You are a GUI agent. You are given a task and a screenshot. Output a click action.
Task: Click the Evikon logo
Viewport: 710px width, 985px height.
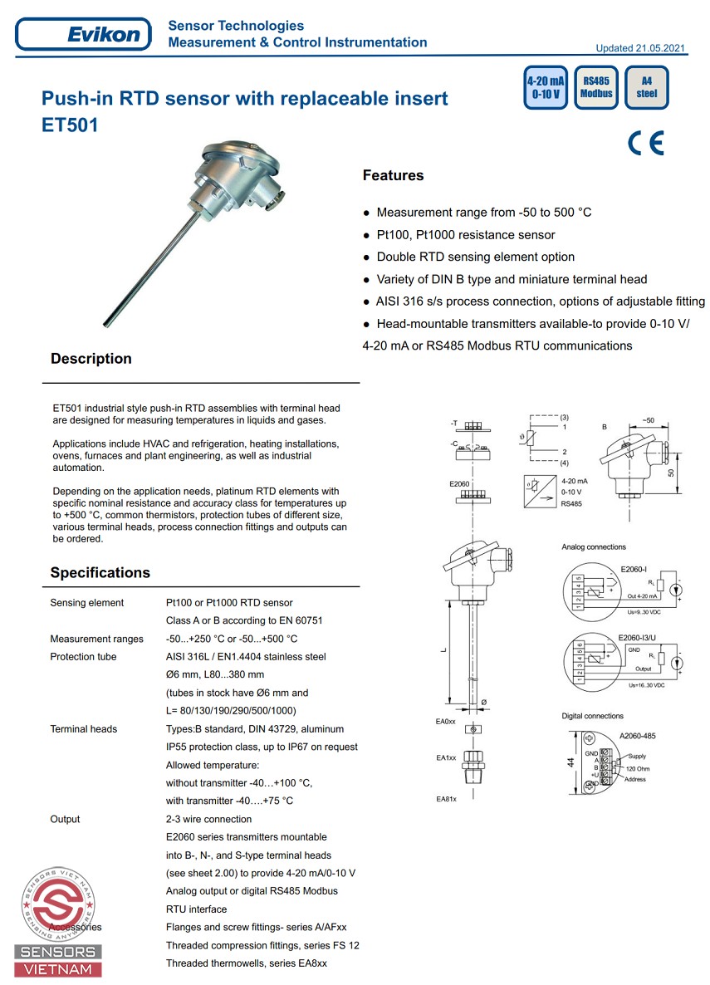pos(84,35)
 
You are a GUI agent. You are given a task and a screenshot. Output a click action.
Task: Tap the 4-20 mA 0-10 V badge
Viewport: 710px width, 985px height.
pos(546,87)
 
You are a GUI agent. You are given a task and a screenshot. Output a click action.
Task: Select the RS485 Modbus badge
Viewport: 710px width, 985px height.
pos(596,87)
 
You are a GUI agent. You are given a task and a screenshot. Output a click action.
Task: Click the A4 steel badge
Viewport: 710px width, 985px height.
pos(646,87)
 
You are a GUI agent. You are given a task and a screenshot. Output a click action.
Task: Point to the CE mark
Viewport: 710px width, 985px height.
pos(646,143)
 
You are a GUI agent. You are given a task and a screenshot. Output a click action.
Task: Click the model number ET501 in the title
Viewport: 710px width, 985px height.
pos(70,127)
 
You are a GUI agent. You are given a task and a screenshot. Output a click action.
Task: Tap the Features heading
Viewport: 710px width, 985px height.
pos(393,175)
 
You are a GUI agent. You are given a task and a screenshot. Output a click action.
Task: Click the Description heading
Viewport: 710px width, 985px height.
pos(91,359)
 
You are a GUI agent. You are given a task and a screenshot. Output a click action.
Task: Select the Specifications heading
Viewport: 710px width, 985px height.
pos(100,572)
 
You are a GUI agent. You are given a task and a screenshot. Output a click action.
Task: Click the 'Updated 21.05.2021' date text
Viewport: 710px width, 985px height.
pos(640,48)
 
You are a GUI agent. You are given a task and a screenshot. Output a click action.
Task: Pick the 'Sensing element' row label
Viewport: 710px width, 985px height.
pos(87,603)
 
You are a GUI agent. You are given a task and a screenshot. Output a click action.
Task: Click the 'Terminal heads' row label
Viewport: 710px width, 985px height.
pos(84,729)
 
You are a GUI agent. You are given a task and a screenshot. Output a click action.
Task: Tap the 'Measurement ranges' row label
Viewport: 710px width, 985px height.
pos(96,639)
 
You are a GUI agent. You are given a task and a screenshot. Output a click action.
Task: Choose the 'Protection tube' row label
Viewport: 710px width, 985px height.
pos(84,657)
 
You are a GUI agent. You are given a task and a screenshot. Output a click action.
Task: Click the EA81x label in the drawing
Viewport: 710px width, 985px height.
pos(447,799)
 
